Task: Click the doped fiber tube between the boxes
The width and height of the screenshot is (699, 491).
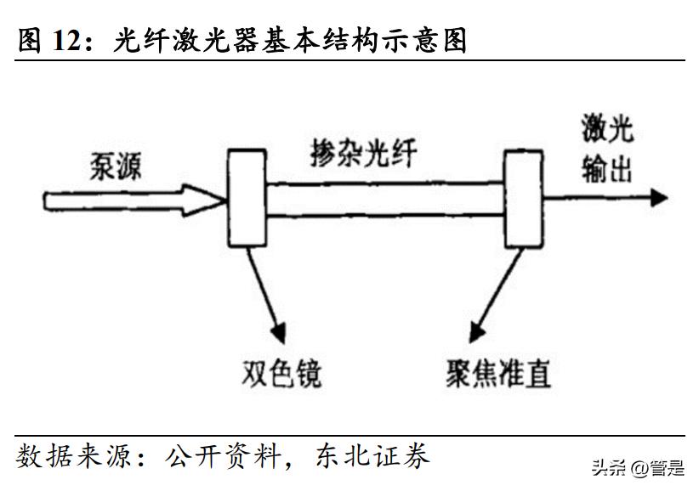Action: click(384, 200)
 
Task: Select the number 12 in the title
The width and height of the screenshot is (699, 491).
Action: click(71, 39)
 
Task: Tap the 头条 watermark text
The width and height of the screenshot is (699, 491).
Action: click(606, 467)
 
